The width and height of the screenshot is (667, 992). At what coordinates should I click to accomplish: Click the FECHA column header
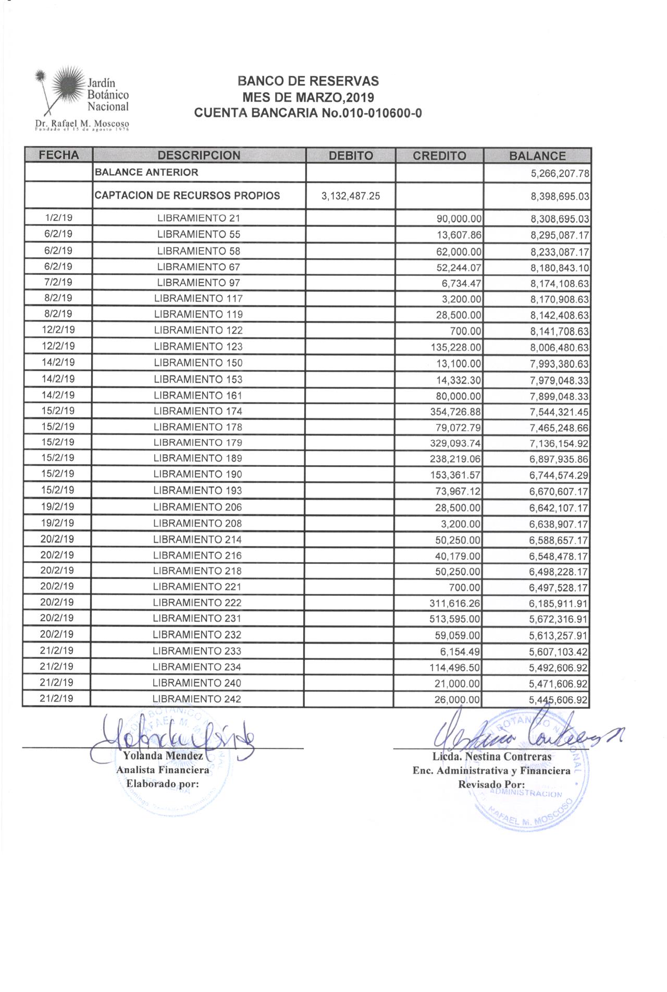point(59,155)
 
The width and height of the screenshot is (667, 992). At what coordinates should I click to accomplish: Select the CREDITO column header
point(439,155)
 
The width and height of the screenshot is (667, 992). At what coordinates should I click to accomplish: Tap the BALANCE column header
point(537,155)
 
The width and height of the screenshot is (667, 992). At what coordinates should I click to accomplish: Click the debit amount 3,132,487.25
point(350,196)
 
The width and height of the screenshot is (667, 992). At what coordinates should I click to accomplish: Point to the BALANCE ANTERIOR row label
point(146,172)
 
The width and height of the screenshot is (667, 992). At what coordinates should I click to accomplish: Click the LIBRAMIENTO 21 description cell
point(198,219)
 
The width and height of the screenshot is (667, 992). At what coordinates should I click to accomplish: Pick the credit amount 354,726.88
point(452,412)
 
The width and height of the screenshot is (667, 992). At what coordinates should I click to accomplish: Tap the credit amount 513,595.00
point(452,619)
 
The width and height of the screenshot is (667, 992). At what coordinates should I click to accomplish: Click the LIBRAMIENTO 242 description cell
point(197,699)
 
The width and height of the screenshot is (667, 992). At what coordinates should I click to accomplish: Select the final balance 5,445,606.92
point(559,700)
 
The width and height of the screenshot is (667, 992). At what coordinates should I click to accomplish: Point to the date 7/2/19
point(58,282)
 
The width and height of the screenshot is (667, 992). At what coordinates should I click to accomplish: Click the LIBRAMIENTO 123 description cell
point(198,346)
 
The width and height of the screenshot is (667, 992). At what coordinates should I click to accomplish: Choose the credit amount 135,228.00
point(452,347)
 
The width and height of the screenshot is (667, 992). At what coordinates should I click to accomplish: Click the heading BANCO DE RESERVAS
point(308,81)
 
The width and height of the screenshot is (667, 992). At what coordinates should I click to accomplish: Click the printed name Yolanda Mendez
point(163,756)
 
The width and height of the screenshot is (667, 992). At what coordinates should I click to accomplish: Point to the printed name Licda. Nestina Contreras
point(492,756)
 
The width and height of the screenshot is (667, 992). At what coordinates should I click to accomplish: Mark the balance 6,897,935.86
point(559,459)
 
